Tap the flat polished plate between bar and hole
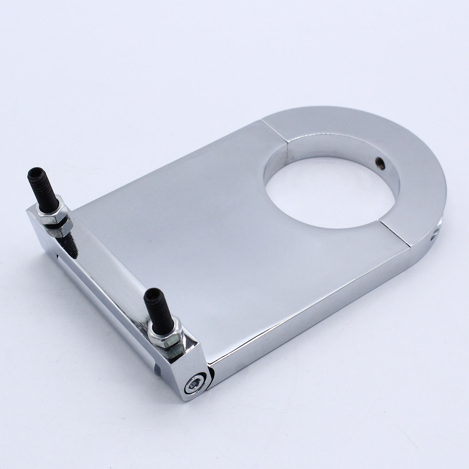click(205, 235)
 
